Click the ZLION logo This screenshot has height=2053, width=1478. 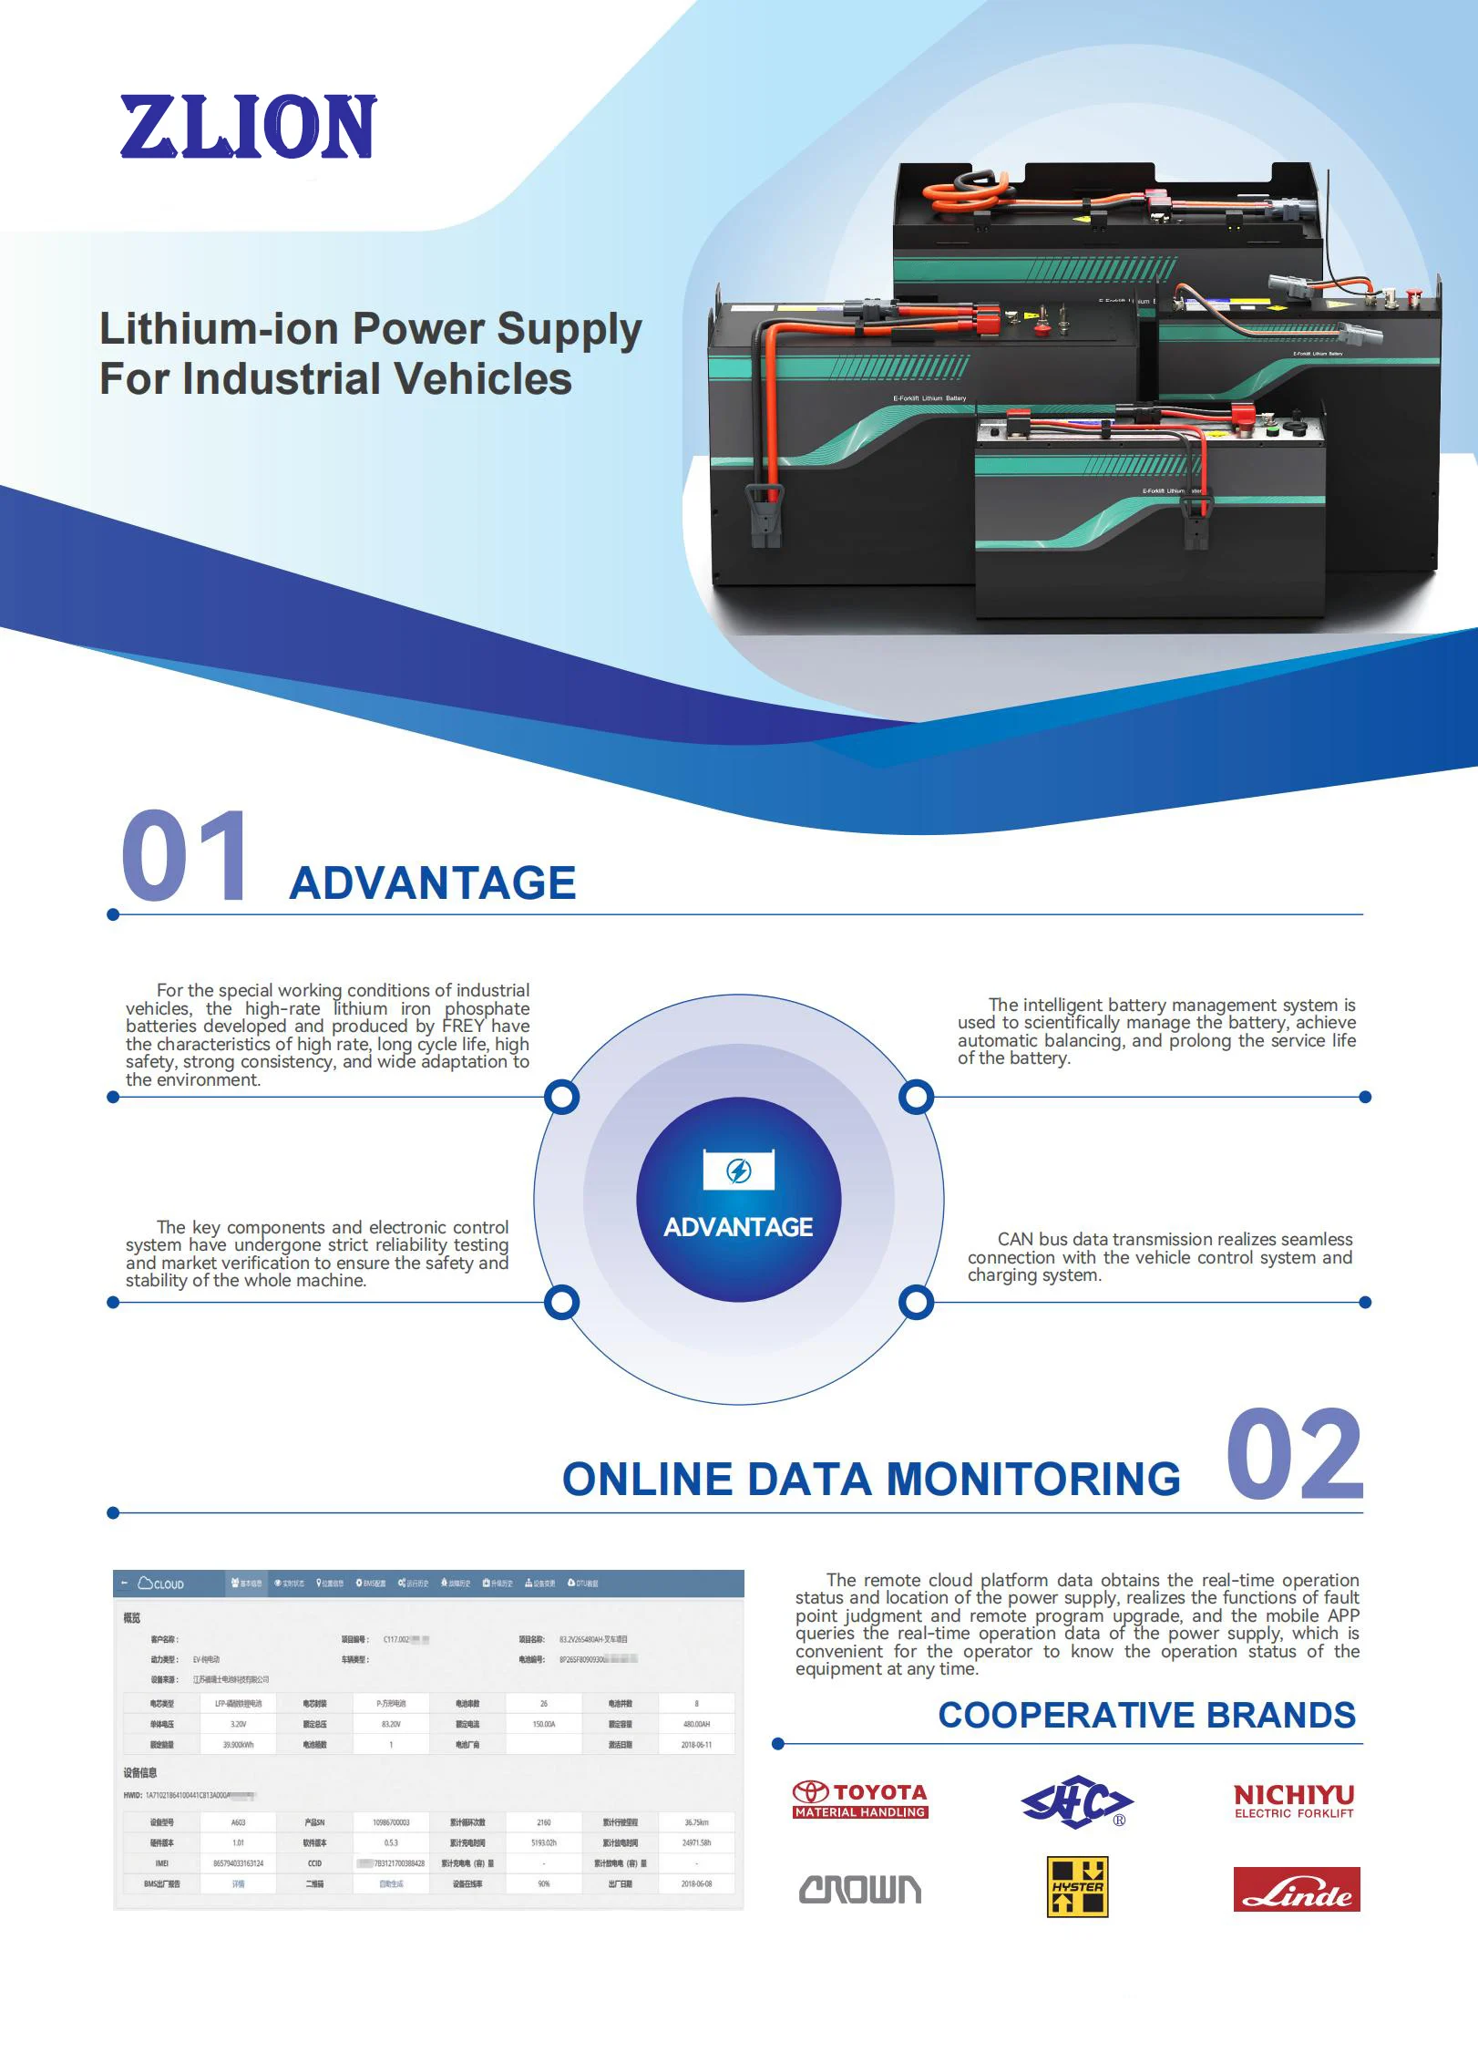247,127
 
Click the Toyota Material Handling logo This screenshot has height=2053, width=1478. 859,1800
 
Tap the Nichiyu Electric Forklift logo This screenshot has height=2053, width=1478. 1293,1800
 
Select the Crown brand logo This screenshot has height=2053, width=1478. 859,1890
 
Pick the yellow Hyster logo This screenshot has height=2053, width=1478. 1077,1886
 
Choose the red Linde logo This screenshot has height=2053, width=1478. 1296,1889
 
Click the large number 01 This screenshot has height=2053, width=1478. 185,858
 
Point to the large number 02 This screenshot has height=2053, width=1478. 1294,1455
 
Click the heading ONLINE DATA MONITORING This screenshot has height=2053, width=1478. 870,1479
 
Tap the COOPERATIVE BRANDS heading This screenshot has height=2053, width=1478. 1146,1715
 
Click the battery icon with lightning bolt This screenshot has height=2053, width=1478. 738,1170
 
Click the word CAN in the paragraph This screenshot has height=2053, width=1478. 1015,1239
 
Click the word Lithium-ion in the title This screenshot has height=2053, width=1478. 218,329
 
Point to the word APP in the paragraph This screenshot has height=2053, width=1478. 1341,1615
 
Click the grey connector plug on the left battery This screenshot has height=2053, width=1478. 765,515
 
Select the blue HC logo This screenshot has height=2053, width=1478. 1076,1800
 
